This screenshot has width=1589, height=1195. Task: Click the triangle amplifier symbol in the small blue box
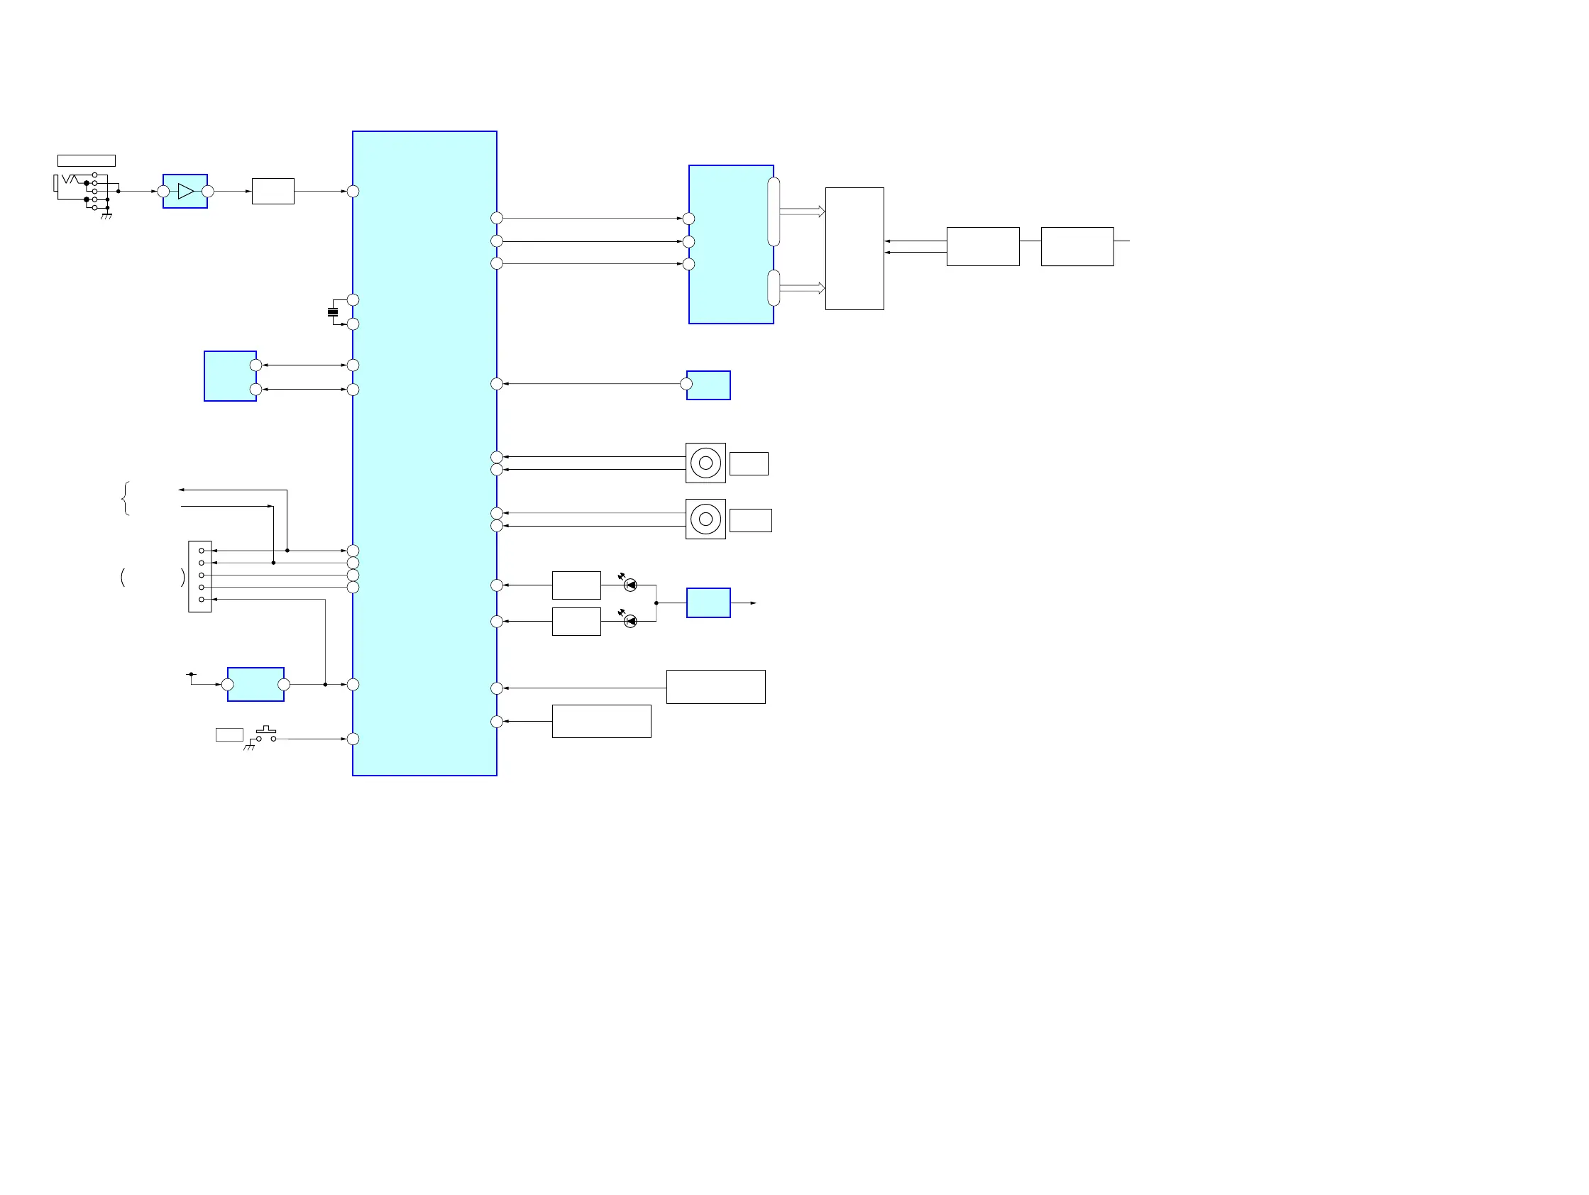click(x=186, y=192)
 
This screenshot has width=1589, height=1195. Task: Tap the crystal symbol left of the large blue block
click(x=333, y=312)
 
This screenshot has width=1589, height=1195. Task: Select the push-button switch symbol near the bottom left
click(x=266, y=734)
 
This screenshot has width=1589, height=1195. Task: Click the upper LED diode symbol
click(x=630, y=585)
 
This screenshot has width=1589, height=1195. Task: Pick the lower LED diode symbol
click(x=630, y=621)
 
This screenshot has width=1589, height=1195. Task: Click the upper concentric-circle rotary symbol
click(x=705, y=463)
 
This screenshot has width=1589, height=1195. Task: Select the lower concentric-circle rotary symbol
click(x=705, y=519)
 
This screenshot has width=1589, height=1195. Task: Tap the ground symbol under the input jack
click(x=106, y=215)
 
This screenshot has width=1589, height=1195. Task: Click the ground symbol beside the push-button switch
click(x=249, y=747)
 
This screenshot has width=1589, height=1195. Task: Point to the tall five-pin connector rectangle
click(x=199, y=576)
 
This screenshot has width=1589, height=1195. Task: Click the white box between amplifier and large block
click(x=273, y=191)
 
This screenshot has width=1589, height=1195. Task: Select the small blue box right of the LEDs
click(x=708, y=602)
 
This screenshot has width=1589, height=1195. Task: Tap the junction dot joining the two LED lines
click(x=656, y=603)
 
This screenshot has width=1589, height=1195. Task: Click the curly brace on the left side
click(x=126, y=498)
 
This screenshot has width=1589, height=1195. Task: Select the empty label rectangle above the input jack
click(x=86, y=160)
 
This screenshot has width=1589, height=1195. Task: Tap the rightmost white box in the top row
click(x=1077, y=246)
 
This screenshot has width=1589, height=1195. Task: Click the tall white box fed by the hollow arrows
click(x=854, y=248)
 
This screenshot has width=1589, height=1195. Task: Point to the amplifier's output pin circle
click(x=208, y=192)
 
